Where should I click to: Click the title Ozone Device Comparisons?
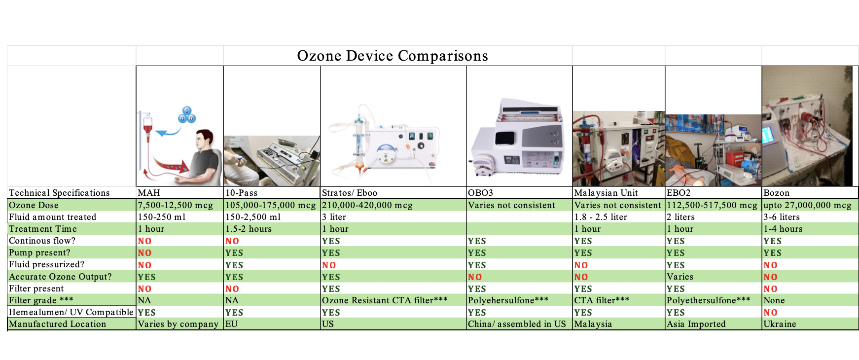coord(393,56)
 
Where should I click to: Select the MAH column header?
coord(149,193)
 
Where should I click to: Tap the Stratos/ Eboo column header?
coord(350,193)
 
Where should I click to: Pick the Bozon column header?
coord(776,193)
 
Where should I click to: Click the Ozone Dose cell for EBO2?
coord(712,205)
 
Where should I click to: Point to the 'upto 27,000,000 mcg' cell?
coord(807,205)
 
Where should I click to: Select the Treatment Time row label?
coord(43,229)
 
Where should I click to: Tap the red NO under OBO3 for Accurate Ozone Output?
coord(475,277)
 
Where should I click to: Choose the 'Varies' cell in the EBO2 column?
coord(680,277)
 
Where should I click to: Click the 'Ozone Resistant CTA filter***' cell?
coord(385,300)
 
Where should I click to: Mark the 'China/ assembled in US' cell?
coord(517,324)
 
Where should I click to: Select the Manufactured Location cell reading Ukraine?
coord(780,324)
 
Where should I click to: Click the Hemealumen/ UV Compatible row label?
coord(71,312)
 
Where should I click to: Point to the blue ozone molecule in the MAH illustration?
coord(187,115)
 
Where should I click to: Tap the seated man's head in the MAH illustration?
coord(204,140)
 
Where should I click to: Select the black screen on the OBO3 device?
coord(505,138)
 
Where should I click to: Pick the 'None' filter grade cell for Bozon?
coord(774,300)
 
